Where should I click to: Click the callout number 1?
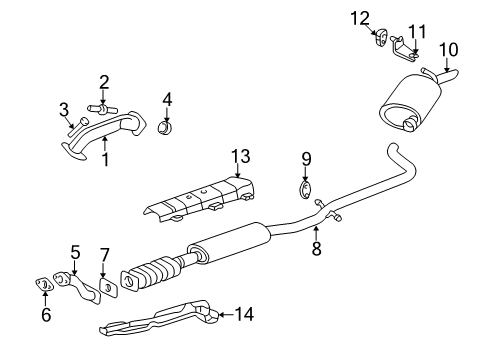[x=104, y=159]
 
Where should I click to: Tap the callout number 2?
[x=103, y=82]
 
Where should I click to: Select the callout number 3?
[x=63, y=108]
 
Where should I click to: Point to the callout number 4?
[x=167, y=99]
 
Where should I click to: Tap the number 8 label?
[x=316, y=249]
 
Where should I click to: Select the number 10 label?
[x=448, y=49]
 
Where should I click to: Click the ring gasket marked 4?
[x=168, y=128]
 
